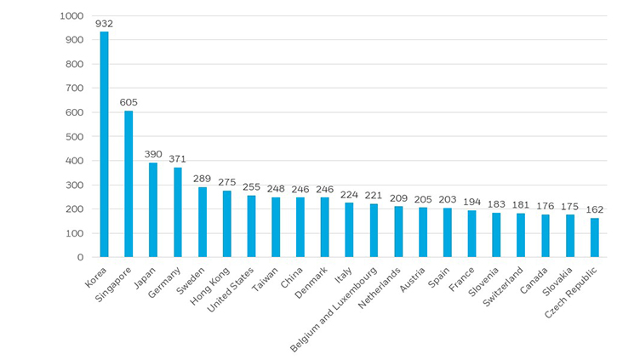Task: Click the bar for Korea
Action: coord(105,145)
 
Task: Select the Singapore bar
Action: coord(129,184)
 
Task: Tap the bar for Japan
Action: coord(153,209)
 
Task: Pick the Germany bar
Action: coord(178,212)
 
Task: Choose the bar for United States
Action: coord(251,226)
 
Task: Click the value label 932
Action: coord(105,24)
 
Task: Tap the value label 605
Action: coord(129,102)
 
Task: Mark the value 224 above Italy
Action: coord(350,194)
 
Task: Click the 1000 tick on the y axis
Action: coord(72,16)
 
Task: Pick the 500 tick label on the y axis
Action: coord(75,136)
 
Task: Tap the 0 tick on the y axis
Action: coord(80,257)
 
